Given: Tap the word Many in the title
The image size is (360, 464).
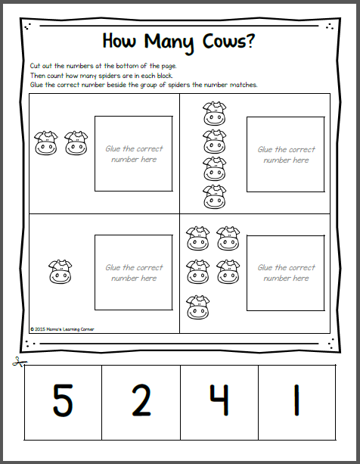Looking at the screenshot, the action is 169,43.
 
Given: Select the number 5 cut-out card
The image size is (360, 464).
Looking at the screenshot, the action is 63,403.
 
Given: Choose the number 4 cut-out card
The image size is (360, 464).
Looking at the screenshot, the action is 219,403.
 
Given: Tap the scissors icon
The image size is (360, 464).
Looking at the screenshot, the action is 19,362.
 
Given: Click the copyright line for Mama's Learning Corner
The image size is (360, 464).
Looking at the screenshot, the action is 62,329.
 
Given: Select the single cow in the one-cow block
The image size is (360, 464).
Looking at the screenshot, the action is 60,272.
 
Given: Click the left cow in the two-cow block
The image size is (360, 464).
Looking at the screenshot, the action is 45,143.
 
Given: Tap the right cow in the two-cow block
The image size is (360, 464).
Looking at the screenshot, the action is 76,143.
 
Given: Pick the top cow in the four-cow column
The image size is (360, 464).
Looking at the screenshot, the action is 215,114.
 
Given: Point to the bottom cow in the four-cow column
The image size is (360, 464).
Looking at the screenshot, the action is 215,197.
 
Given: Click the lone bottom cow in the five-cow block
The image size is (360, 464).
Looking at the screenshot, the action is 197,307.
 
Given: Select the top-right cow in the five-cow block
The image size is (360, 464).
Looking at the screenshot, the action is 228,238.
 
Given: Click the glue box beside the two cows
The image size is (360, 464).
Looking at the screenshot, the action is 134,154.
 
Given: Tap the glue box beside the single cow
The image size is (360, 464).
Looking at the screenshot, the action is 134,272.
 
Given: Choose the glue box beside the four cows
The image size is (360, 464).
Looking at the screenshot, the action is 286,154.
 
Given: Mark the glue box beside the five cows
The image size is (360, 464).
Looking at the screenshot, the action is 286,273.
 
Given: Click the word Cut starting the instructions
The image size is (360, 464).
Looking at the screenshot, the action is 35,66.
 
